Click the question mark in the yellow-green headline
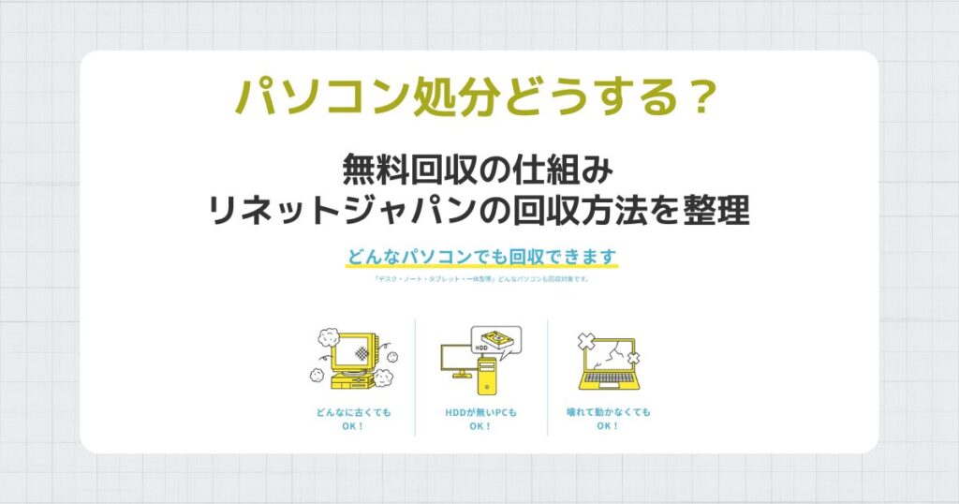[703, 97]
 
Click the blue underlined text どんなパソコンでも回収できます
[479, 256]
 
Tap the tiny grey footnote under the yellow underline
[479, 277]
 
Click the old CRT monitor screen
[349, 354]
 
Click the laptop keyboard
[608, 382]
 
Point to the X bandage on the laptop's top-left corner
[586, 341]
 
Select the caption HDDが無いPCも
[480, 412]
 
